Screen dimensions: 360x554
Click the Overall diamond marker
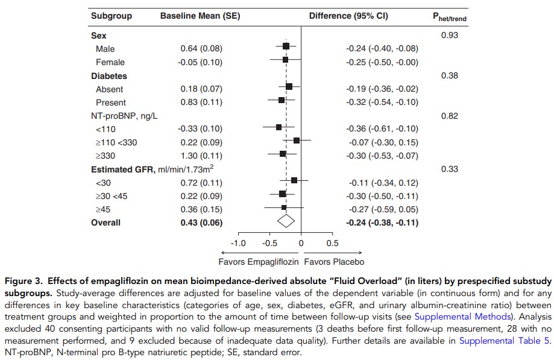point(286,221)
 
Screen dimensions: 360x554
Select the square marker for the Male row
point(286,46)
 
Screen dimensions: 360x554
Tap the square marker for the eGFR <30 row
point(294,180)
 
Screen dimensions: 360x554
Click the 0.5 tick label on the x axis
point(332,243)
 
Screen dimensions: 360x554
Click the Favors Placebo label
point(334,262)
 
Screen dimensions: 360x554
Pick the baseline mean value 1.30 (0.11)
point(201,155)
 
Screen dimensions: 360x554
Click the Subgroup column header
point(111,16)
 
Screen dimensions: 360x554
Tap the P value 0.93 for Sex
point(449,36)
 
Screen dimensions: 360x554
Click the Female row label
point(110,62)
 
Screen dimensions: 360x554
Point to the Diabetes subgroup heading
point(109,76)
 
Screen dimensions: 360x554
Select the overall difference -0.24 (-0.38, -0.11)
point(382,223)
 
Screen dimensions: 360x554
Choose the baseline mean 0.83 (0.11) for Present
point(201,103)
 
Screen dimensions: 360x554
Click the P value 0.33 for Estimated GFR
point(450,169)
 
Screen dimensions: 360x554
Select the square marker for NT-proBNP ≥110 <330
point(297,141)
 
